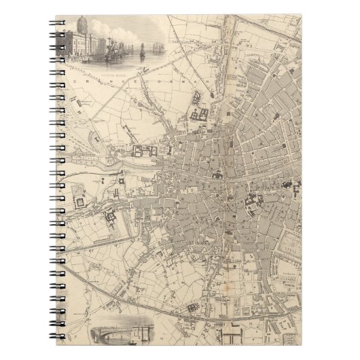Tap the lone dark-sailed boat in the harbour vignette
[142, 50]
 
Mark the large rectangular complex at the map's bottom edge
[231, 336]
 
